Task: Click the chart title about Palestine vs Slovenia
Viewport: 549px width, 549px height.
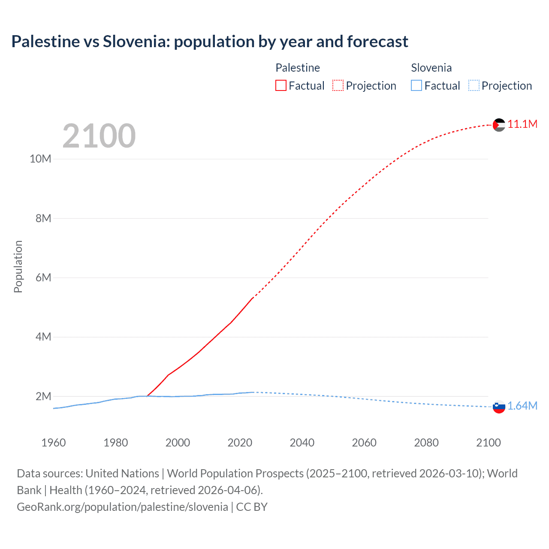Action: [x=210, y=42]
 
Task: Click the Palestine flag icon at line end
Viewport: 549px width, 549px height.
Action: [x=499, y=125]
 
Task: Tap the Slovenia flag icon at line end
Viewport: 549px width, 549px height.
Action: [x=499, y=407]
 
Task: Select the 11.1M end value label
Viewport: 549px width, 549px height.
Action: [x=522, y=124]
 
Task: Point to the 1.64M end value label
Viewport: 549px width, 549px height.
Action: [x=522, y=406]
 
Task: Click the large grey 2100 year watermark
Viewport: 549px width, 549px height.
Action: [x=99, y=136]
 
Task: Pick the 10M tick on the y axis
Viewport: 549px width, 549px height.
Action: [x=40, y=159]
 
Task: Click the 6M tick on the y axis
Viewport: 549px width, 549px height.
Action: [x=43, y=278]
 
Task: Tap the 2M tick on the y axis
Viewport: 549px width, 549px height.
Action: [x=43, y=396]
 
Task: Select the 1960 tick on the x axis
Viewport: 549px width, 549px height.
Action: [x=54, y=443]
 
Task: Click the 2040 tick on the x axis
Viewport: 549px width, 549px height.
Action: [x=302, y=443]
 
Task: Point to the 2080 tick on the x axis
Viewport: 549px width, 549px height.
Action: [x=426, y=443]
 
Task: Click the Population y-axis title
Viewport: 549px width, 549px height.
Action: [x=18, y=266]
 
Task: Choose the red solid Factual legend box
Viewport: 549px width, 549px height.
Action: [x=281, y=86]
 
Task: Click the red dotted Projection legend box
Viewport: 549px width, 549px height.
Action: [x=338, y=86]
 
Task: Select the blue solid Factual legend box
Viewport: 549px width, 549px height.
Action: [x=416, y=86]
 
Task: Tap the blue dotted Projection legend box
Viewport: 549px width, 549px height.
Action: [x=474, y=86]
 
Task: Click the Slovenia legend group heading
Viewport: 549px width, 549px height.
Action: [x=431, y=68]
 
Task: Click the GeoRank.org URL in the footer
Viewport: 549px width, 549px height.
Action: [x=123, y=507]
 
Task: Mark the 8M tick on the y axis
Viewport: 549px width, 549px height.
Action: [x=43, y=218]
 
